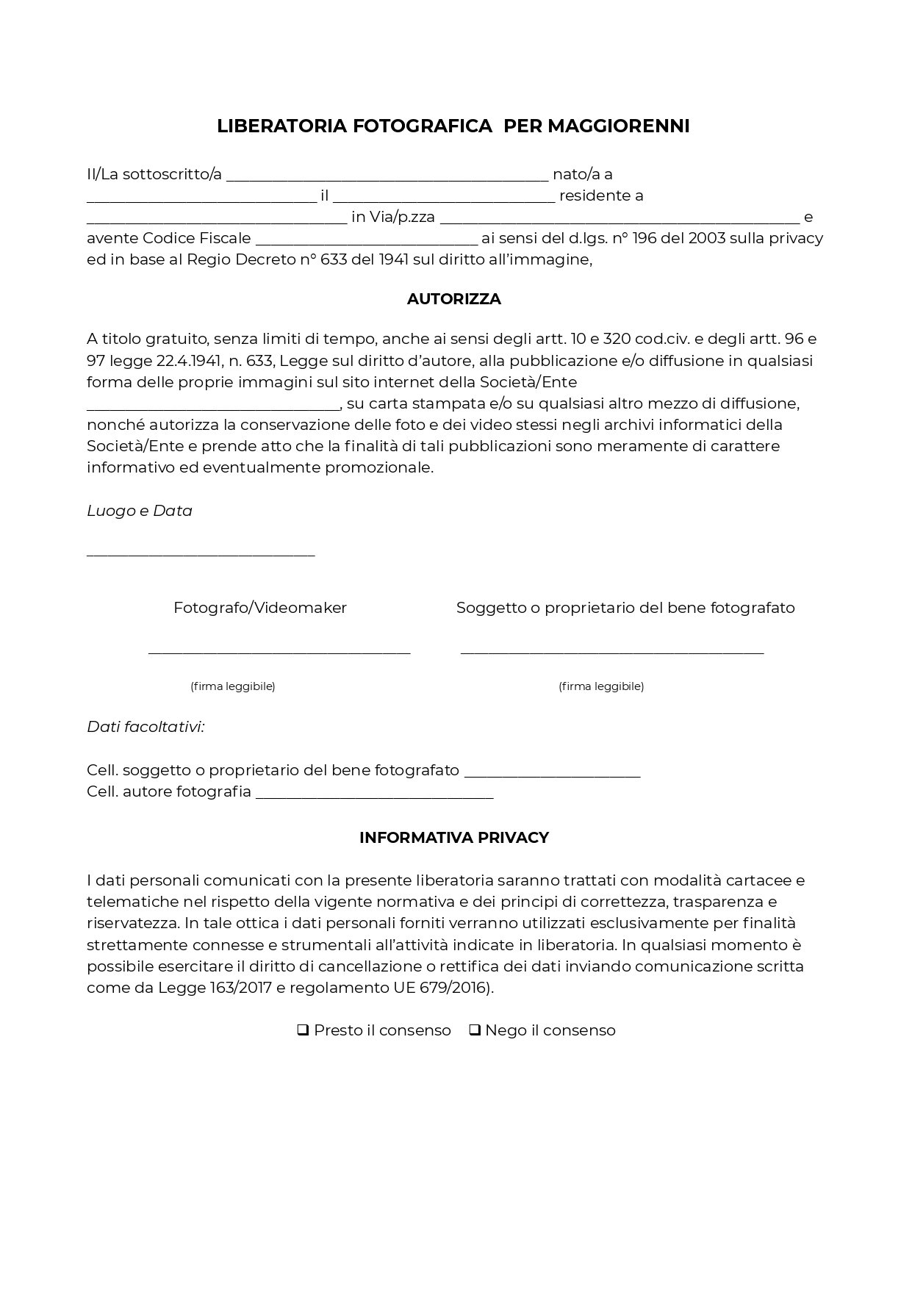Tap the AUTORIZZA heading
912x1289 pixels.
tap(454, 299)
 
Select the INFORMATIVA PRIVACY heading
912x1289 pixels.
tap(454, 838)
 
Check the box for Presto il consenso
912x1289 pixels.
tap(302, 1030)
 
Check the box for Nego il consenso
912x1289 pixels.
tap(475, 1030)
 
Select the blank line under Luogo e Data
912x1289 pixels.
tap(201, 554)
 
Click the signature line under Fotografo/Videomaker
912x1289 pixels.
tap(279, 651)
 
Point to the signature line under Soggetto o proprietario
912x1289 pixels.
tap(612, 651)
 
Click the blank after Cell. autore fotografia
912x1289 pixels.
tap(374, 794)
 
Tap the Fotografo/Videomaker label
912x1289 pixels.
tap(260, 608)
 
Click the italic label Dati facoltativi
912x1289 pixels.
tap(146, 727)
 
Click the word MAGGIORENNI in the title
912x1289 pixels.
tap(618, 126)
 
